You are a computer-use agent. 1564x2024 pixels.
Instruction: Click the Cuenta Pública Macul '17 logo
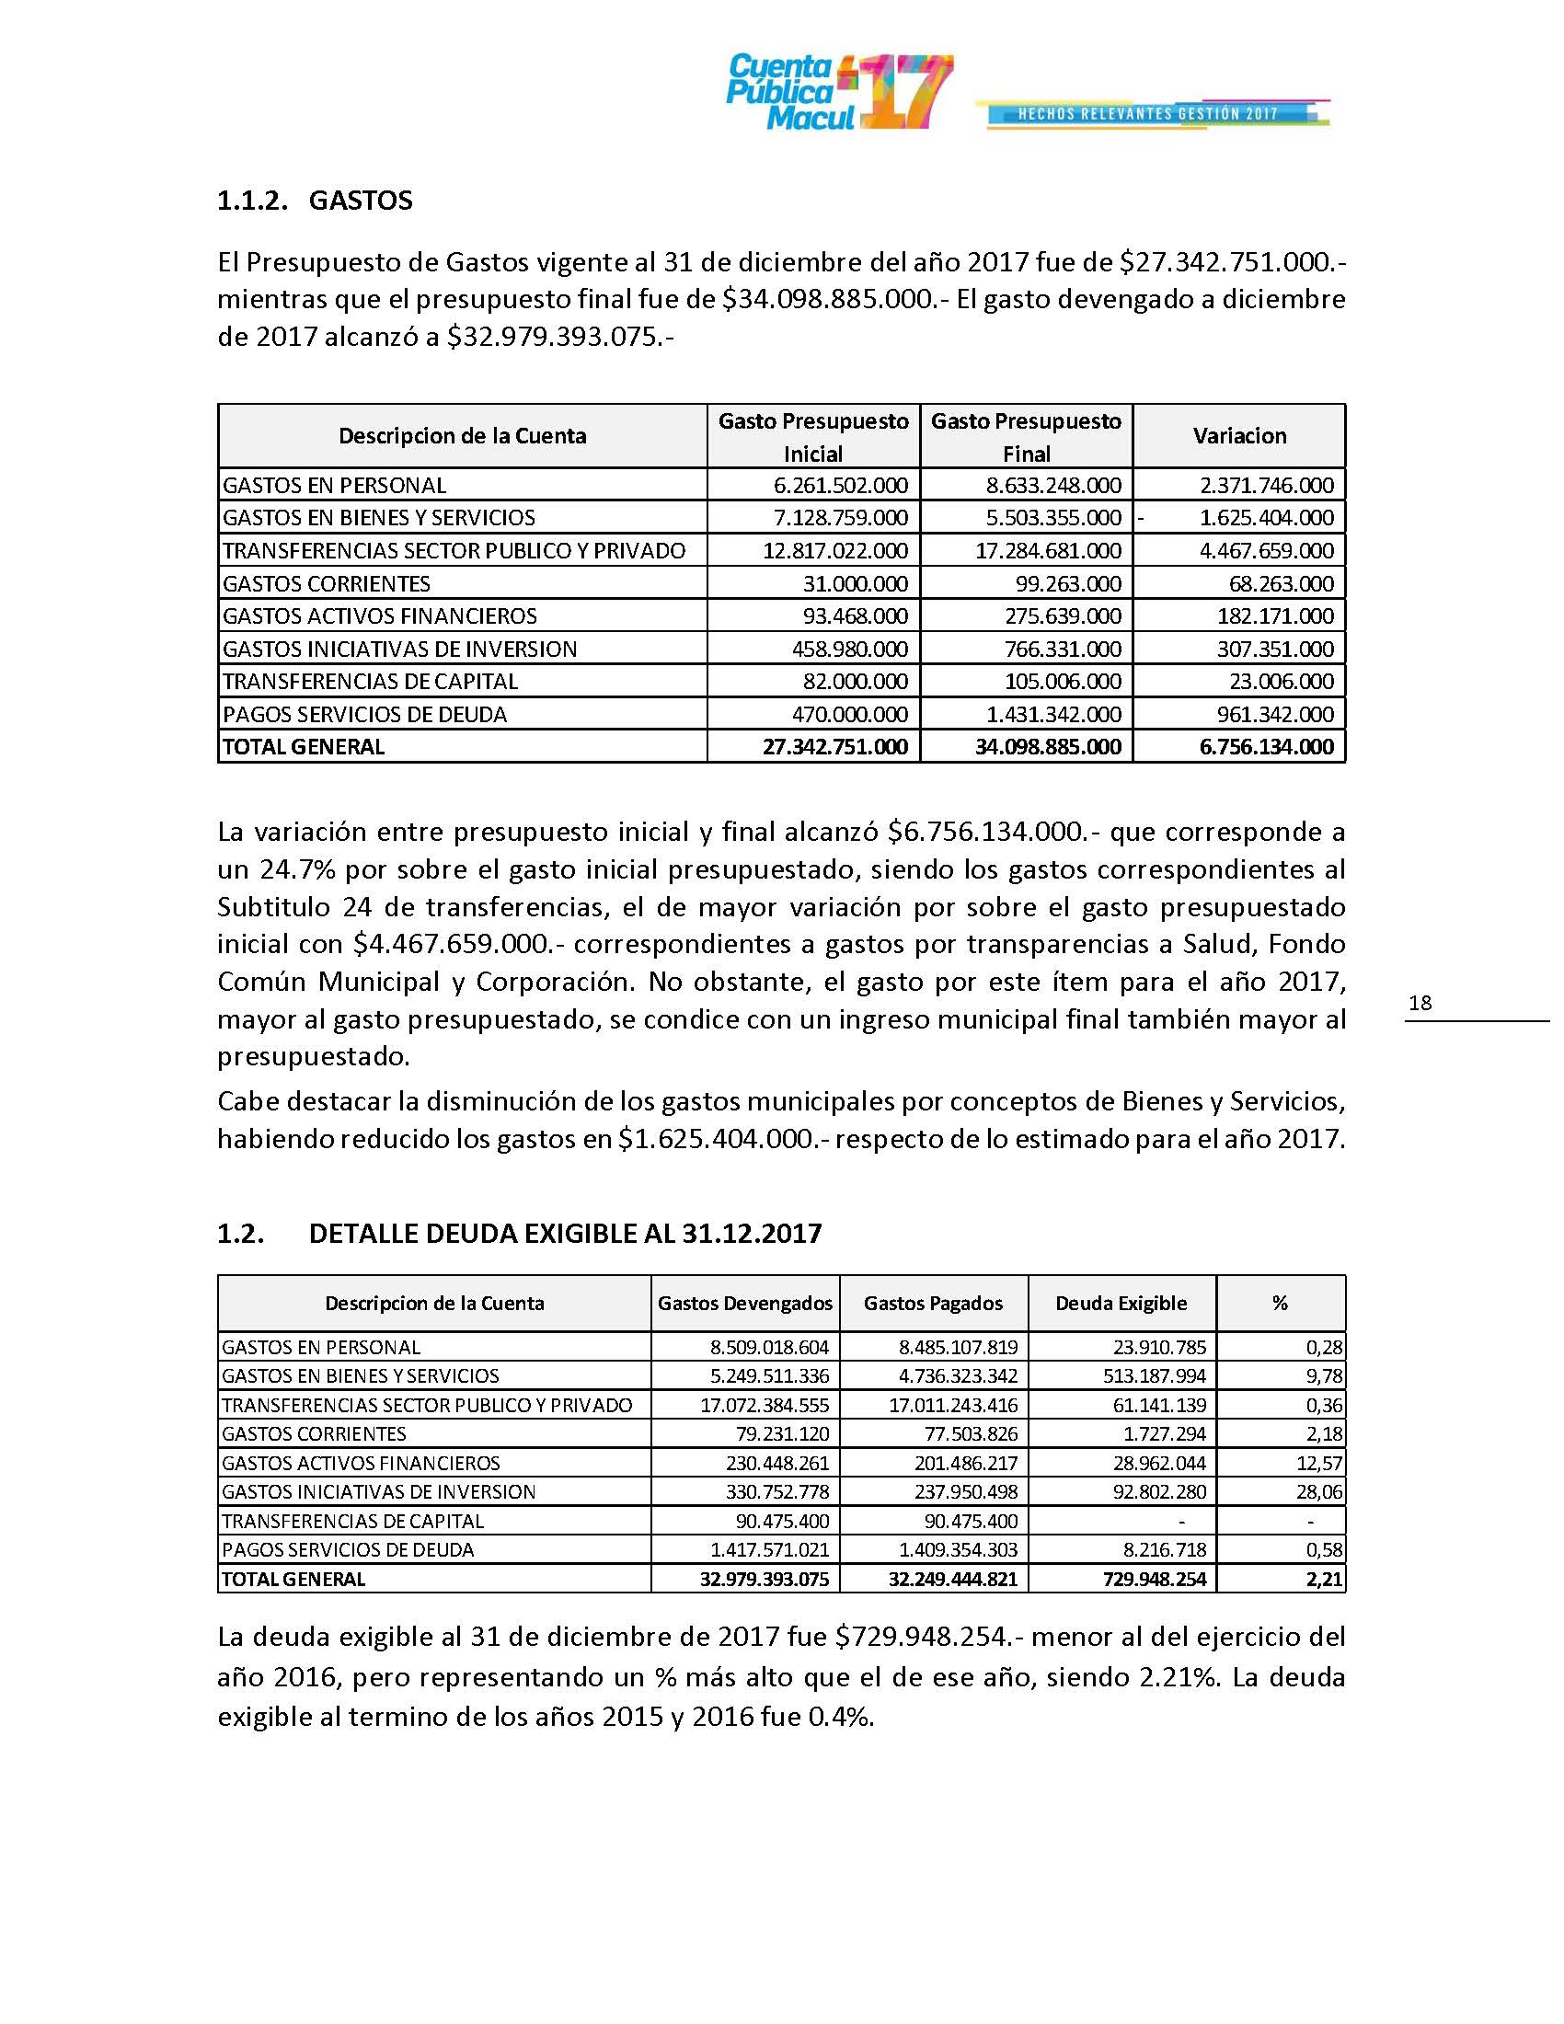(838, 92)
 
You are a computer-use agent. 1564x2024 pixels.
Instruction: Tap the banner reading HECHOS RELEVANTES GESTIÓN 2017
(1149, 114)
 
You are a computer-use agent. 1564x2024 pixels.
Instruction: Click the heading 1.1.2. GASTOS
(314, 201)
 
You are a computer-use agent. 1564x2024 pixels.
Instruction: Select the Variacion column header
(1239, 436)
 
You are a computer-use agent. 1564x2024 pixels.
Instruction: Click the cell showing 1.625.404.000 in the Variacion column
(1266, 518)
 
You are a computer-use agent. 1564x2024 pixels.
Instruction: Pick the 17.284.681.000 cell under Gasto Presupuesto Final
(1048, 551)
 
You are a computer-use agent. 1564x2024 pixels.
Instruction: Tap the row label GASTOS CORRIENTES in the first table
(327, 584)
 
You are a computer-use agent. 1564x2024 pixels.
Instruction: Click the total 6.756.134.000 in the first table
(1266, 747)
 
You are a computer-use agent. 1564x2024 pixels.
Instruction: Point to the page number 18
(1420, 1003)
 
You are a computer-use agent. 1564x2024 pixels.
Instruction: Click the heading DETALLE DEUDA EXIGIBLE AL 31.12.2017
(564, 1235)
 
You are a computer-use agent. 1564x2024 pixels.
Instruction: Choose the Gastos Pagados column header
(932, 1304)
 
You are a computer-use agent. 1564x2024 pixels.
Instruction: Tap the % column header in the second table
(1280, 1304)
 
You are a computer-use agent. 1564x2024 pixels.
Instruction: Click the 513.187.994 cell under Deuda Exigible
(1155, 1376)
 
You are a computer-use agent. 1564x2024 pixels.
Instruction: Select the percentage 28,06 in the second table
(1324, 1492)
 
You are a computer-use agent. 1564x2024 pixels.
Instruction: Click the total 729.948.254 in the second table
(1155, 1579)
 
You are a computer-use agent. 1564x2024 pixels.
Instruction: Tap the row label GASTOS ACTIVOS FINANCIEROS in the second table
(361, 1464)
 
